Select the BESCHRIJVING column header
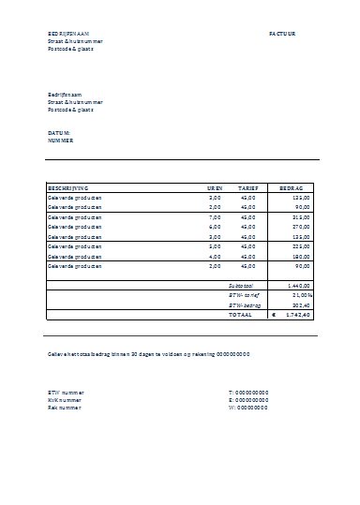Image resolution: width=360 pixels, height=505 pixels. click(68, 188)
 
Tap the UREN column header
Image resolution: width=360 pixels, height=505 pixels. click(215, 188)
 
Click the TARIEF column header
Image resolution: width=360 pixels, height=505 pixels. click(247, 188)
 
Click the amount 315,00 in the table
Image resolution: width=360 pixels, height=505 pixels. click(301, 217)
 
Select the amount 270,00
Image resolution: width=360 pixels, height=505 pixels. click(301, 227)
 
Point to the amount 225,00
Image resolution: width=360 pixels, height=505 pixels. click(301, 246)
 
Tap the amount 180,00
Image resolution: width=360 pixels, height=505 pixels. click(301, 256)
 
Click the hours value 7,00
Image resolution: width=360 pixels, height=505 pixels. click(214, 217)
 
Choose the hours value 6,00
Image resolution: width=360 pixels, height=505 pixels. click(214, 227)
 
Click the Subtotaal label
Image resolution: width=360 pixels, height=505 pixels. click(242, 284)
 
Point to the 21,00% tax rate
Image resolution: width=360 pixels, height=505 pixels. click(301, 293)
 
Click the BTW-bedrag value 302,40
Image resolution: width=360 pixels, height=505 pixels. click(301, 304)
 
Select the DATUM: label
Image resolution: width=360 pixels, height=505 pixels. click(58, 133)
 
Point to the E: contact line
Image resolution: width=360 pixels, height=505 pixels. click(248, 400)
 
